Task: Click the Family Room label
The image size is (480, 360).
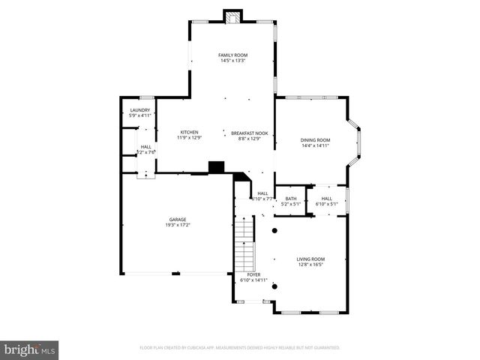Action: [x=232, y=55]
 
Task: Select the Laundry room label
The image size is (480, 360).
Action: [x=140, y=110]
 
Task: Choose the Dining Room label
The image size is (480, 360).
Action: [x=315, y=139]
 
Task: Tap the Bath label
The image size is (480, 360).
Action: [x=290, y=198]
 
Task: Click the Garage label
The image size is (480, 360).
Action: [x=177, y=219]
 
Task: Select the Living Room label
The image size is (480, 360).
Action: [x=310, y=259]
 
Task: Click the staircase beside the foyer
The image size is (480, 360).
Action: [x=245, y=247]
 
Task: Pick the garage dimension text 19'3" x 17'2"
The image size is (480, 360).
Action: [x=177, y=225]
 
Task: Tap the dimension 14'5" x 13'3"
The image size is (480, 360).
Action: [x=232, y=61]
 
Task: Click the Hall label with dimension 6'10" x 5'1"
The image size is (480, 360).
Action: [x=327, y=198]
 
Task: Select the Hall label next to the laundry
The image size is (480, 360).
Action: [x=145, y=146]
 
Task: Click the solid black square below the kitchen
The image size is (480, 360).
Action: [x=217, y=167]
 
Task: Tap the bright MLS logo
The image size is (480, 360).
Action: [x=29, y=349]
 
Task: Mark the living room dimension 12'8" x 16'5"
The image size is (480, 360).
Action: [x=310, y=265]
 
